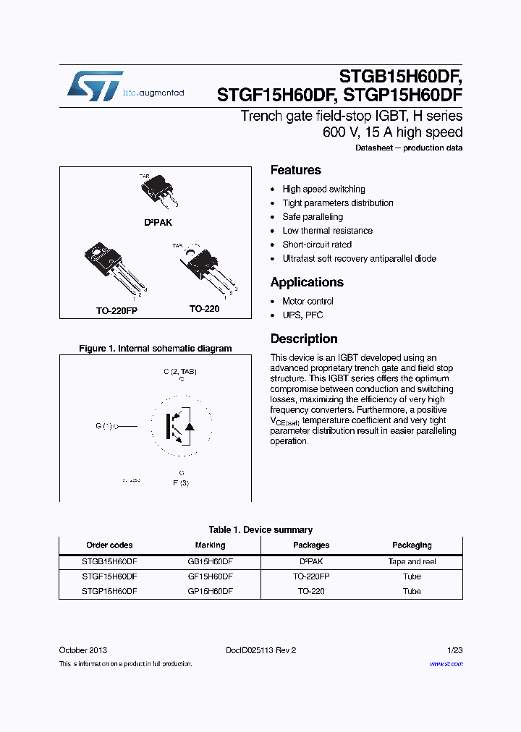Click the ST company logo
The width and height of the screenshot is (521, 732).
point(95,86)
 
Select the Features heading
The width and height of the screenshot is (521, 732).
point(295,171)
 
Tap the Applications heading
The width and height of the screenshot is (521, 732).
point(307,283)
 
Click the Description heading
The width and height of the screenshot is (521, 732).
point(303,339)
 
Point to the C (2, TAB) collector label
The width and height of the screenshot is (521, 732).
point(179,372)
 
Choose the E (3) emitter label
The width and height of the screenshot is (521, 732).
point(180,482)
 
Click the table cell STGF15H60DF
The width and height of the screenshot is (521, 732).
point(109,576)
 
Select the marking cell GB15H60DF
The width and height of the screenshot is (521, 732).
point(210,562)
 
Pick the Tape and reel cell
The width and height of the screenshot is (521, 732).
point(412,562)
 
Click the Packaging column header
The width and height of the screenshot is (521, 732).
point(412,545)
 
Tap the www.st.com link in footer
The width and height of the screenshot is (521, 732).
point(446,663)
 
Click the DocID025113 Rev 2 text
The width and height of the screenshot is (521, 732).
point(260,650)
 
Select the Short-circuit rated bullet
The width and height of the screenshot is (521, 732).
point(317,245)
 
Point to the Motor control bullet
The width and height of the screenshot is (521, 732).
point(308,302)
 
